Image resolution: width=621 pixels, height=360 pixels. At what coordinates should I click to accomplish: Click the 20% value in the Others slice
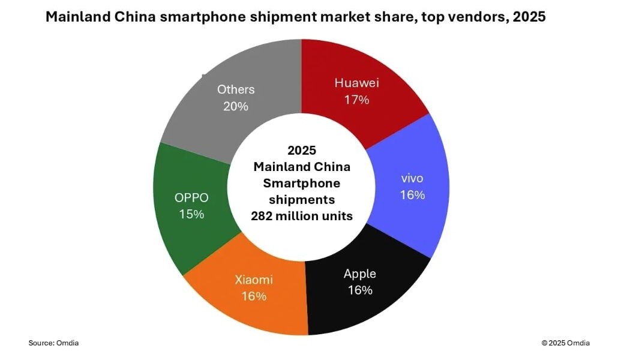click(236, 106)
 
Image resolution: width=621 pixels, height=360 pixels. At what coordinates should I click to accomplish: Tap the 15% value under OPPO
click(191, 214)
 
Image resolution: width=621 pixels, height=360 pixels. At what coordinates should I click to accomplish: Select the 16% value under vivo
click(413, 195)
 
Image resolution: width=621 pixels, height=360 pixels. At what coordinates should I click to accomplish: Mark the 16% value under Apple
click(360, 290)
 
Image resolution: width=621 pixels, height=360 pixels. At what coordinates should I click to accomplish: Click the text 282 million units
click(301, 215)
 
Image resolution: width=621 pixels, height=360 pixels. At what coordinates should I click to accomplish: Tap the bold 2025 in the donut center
click(301, 149)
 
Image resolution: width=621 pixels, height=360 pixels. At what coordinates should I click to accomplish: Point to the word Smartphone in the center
click(301, 182)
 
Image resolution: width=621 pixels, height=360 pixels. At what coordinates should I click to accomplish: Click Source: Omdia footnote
click(53, 343)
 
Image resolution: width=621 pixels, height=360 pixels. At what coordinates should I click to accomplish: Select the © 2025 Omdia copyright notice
click(565, 343)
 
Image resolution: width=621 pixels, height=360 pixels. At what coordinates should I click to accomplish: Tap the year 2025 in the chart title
click(529, 17)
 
